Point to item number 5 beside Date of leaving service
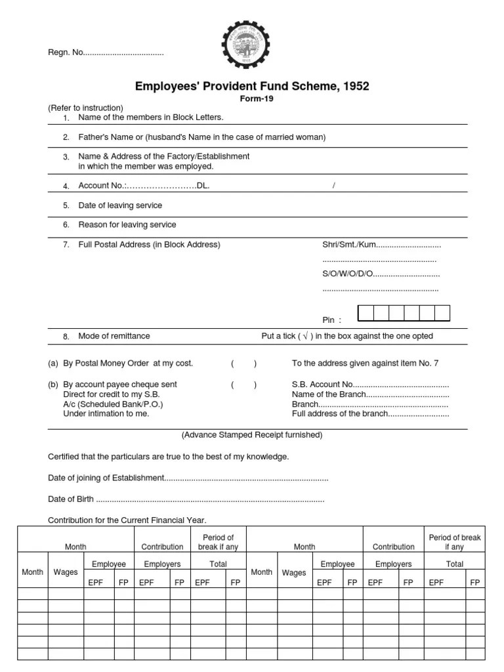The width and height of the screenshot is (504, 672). pos(66,205)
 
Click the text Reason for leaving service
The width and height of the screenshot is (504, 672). pos(127,224)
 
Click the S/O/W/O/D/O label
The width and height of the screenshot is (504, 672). pos(347,274)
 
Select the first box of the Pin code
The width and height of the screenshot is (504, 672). pos(366,313)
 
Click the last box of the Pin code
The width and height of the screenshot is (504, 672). pos(442,313)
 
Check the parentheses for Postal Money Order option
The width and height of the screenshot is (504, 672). pos(243,364)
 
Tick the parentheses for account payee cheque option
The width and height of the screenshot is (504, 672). pos(243,385)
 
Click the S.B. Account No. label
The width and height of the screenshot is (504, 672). pos(322,385)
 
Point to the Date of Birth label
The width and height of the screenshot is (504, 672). pos(72,499)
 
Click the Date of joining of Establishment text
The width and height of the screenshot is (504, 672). pos(105,478)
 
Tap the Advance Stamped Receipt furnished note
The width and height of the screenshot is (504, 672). pos(252,435)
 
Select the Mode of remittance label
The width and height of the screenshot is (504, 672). pos(114,336)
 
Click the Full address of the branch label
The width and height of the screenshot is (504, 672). pos(339,414)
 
